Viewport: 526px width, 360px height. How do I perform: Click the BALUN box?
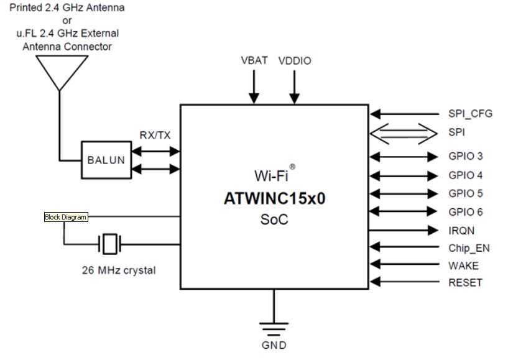pos(106,160)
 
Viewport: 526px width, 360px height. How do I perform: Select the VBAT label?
pos(254,60)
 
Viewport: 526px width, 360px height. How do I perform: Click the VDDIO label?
pos(295,61)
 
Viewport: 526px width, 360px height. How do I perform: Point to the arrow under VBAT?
pos(254,87)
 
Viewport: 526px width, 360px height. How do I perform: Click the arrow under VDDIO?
pos(295,87)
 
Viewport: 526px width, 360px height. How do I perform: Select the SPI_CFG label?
pos(470,114)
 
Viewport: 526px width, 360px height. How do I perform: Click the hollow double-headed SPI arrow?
pos(404,132)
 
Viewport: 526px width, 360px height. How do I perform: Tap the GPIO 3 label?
pos(465,157)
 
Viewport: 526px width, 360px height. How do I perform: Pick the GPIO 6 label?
pos(465,212)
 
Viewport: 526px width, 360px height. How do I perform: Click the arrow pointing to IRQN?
pos(404,230)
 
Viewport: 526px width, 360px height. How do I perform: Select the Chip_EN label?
pos(469,248)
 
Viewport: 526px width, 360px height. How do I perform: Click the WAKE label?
pos(463,265)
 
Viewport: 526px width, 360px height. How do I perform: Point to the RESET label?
pos(465,283)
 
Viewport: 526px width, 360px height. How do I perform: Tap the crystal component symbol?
pos(109,244)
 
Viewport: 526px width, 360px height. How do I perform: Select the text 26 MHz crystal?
pos(119,270)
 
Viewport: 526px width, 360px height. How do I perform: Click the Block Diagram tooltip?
pos(65,217)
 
